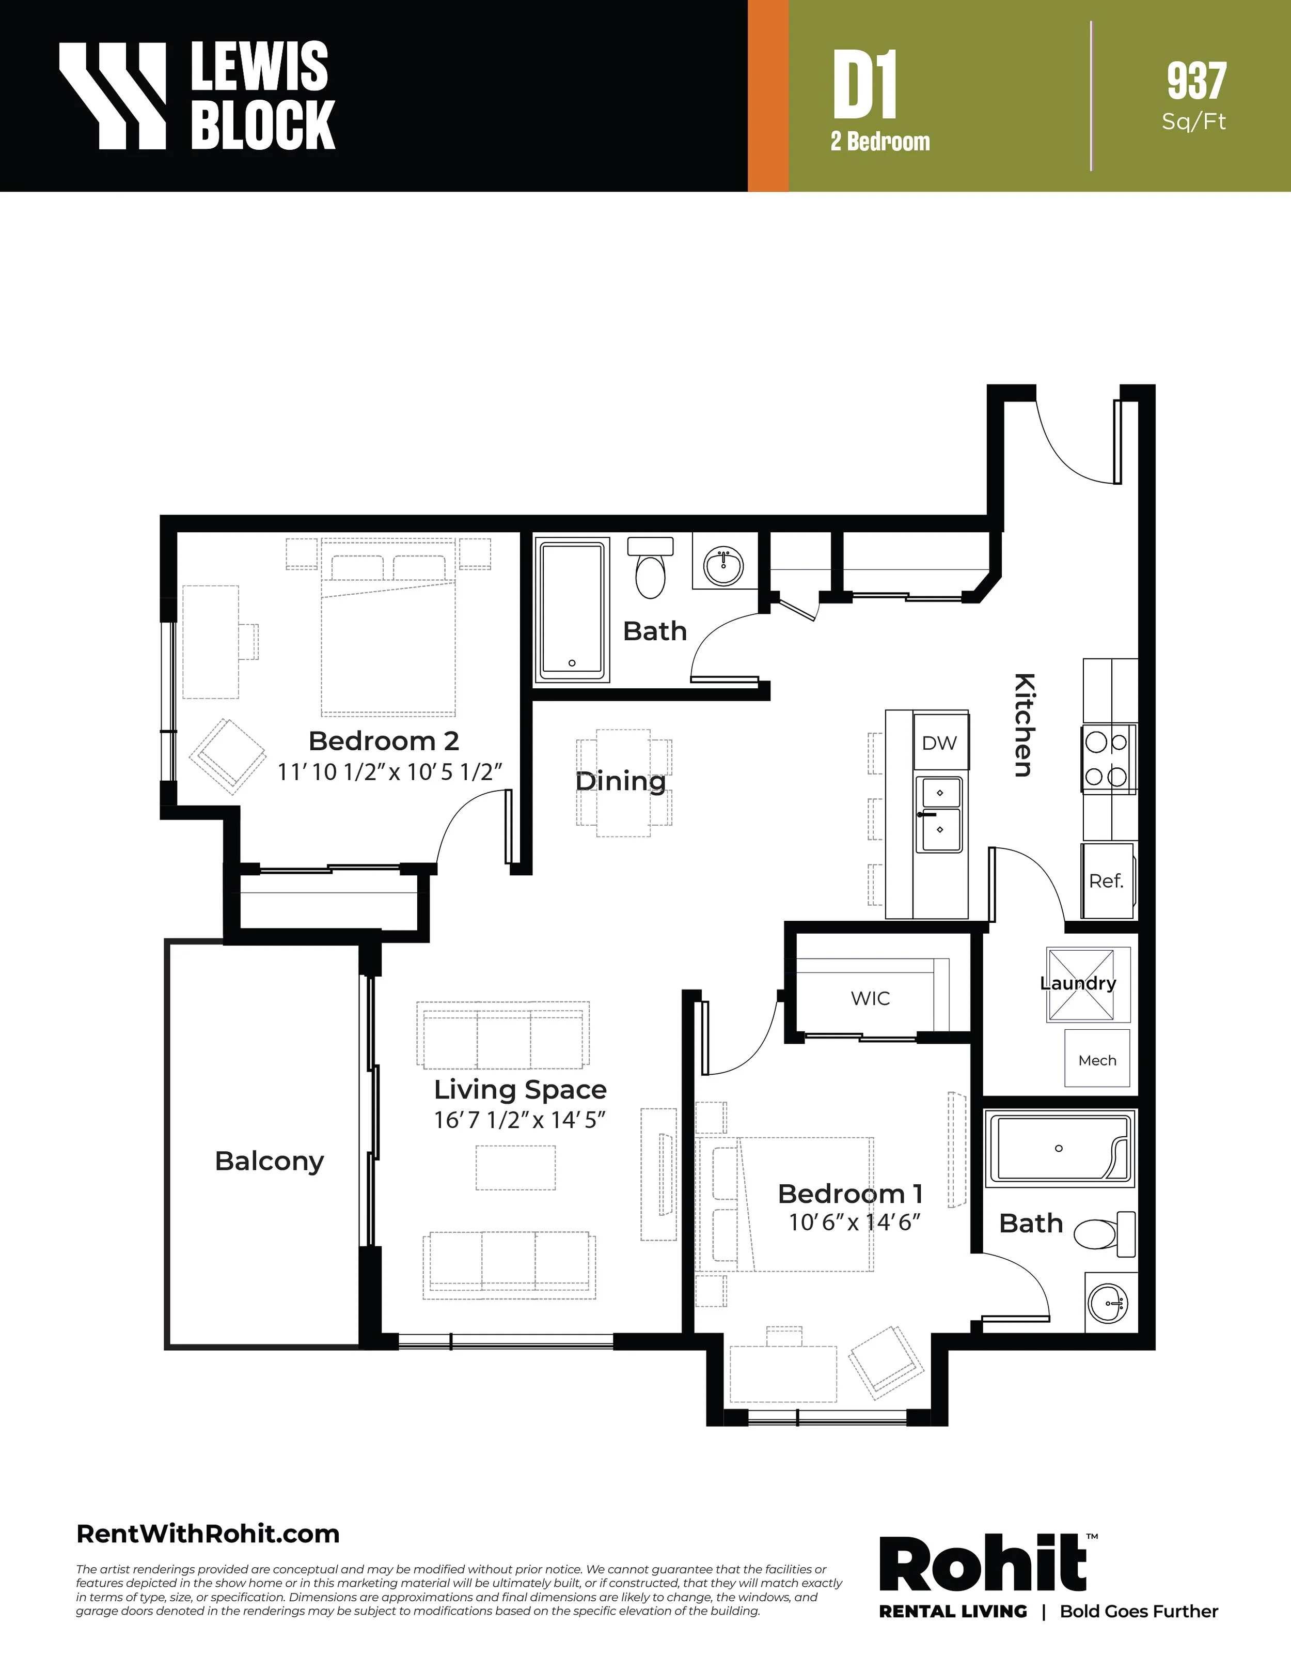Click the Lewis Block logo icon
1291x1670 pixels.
113,96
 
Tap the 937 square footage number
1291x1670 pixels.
1196,81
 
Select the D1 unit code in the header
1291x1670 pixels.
864,85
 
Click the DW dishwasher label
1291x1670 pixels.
939,743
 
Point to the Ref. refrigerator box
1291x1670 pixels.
1107,881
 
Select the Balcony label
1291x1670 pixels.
269,1161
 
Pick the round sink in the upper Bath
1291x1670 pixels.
723,566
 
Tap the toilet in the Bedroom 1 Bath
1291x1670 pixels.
1105,1233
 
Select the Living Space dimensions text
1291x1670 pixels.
520,1120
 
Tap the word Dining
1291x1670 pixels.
621,781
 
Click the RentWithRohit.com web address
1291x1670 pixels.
208,1534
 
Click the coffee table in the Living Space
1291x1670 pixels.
516,1168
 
